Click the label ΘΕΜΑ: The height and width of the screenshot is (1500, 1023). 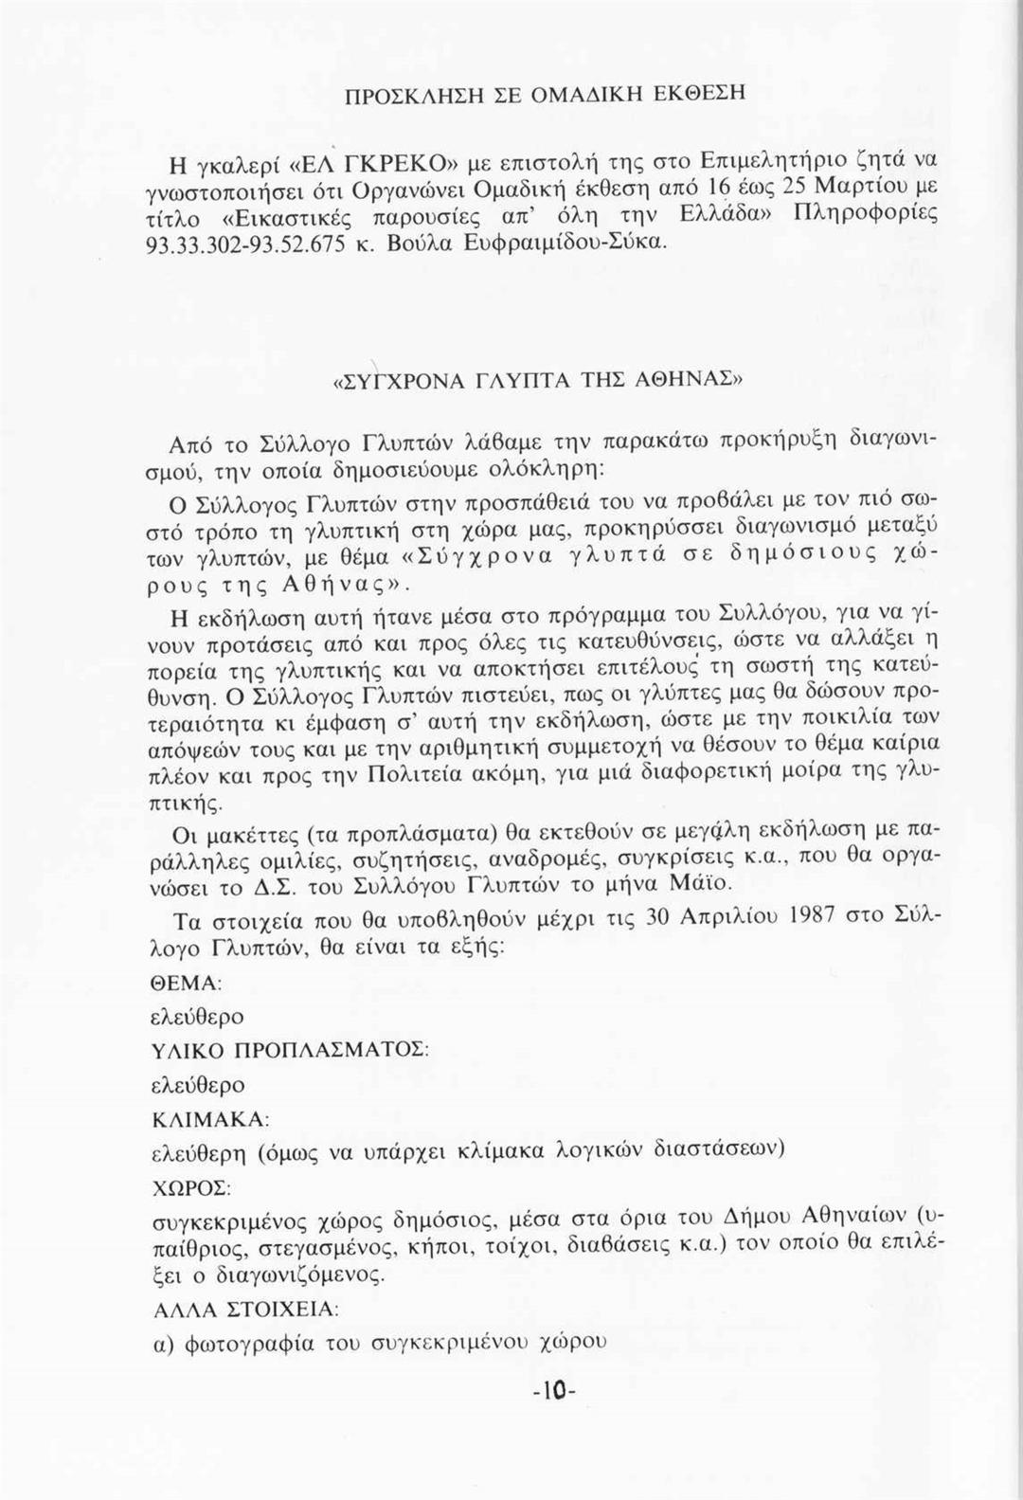point(187,983)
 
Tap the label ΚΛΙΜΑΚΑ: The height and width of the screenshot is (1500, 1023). point(211,1119)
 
